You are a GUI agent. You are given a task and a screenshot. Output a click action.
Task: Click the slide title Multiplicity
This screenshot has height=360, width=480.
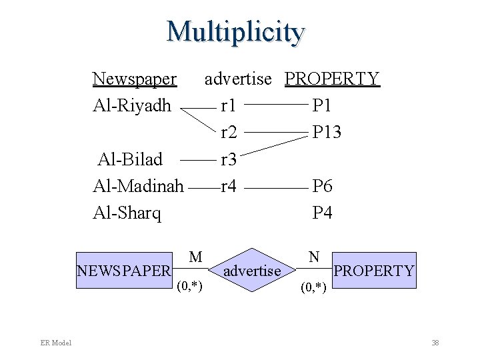coord(236,31)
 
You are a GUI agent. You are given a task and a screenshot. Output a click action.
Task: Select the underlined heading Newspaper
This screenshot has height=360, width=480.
coord(135,79)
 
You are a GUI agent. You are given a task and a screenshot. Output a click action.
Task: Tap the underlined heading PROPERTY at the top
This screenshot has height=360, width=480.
coord(332,79)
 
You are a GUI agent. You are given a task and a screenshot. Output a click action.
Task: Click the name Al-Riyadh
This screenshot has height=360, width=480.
coord(132,105)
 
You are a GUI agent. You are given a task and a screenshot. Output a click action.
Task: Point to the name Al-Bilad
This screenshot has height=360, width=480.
coord(130,159)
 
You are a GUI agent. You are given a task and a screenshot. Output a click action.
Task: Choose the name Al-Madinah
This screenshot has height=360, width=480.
coord(138,186)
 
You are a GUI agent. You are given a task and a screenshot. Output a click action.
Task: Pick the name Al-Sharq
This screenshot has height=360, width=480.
coord(127,213)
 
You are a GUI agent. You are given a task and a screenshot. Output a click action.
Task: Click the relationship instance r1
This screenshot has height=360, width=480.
coord(229,105)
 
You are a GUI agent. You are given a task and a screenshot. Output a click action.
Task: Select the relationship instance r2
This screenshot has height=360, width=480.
coord(229,132)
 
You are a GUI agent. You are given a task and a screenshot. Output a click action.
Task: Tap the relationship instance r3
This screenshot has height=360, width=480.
coord(229,159)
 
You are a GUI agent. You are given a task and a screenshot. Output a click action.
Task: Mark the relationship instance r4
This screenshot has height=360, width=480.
coord(229,186)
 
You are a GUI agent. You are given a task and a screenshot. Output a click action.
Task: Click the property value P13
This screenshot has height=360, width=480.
coord(327,132)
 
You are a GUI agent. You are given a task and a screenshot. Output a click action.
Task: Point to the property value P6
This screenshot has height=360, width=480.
coord(323,186)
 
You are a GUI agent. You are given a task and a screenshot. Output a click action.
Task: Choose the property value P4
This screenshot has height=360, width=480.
coord(323,213)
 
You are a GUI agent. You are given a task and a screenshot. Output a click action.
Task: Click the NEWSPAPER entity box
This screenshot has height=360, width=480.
coord(125,271)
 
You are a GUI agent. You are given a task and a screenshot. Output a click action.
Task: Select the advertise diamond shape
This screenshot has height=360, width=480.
coord(252,271)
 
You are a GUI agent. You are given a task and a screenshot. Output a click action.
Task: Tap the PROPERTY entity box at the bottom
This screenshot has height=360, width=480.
coord(374,271)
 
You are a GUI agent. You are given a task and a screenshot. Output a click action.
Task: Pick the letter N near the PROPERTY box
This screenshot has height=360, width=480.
coord(314,256)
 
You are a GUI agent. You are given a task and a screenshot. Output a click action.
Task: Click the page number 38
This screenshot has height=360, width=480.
coord(435,343)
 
